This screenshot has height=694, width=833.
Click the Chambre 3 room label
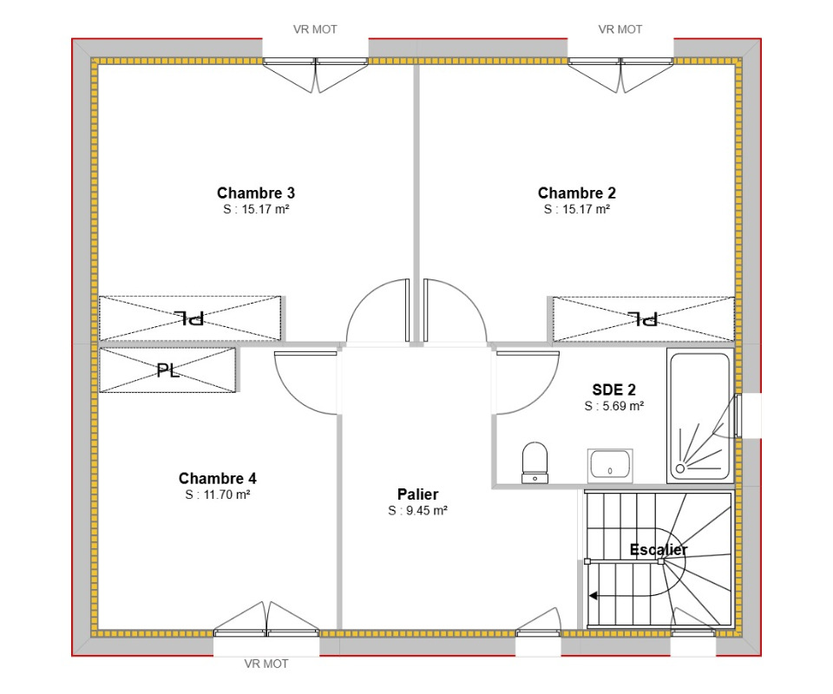coord(255,193)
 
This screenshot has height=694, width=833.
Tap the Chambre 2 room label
coord(576,193)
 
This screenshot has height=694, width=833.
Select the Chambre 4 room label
coord(217,478)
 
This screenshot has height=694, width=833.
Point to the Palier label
coord(417,494)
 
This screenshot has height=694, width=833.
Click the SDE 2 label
coord(613,390)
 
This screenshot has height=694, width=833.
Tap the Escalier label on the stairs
coord(659,550)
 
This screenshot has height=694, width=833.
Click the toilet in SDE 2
coord(535,463)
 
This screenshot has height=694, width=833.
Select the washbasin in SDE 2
coord(610,466)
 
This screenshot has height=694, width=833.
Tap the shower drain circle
coord(680,468)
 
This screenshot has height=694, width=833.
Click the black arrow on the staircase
coord(594,596)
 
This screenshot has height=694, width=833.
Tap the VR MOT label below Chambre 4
coord(266,664)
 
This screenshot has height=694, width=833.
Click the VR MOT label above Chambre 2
coord(620,29)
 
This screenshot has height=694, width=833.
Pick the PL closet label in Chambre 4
coord(167,370)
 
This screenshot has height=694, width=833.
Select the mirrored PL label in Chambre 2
coord(643,318)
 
